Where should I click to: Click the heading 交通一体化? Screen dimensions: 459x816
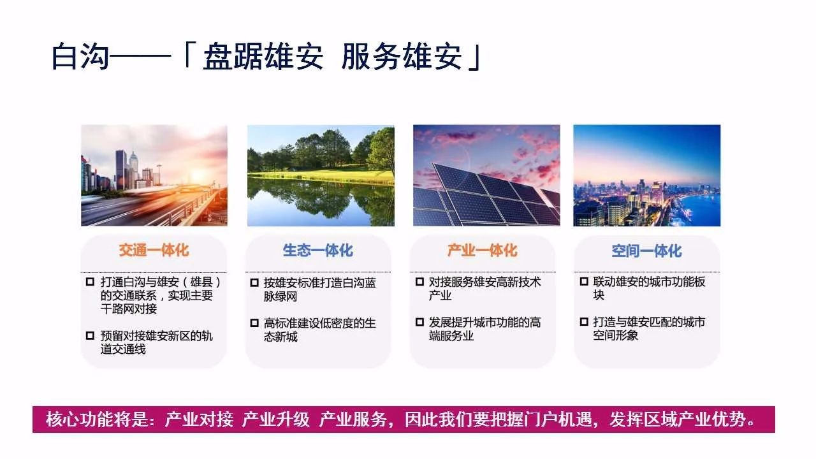(x=154, y=251)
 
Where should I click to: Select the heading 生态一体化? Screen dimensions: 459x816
(x=317, y=251)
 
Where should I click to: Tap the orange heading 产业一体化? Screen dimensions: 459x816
(x=482, y=251)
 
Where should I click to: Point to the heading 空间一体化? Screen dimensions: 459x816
(x=646, y=251)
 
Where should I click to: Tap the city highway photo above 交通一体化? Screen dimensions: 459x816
(x=154, y=175)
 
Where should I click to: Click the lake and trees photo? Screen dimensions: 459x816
(x=321, y=175)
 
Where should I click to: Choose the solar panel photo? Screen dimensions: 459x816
(x=486, y=175)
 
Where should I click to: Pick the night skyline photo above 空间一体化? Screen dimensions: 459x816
(x=646, y=175)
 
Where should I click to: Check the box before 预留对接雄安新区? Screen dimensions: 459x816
(x=90, y=335)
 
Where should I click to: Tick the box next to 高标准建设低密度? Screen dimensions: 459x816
(x=254, y=323)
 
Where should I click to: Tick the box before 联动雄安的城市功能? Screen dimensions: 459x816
(x=583, y=282)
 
